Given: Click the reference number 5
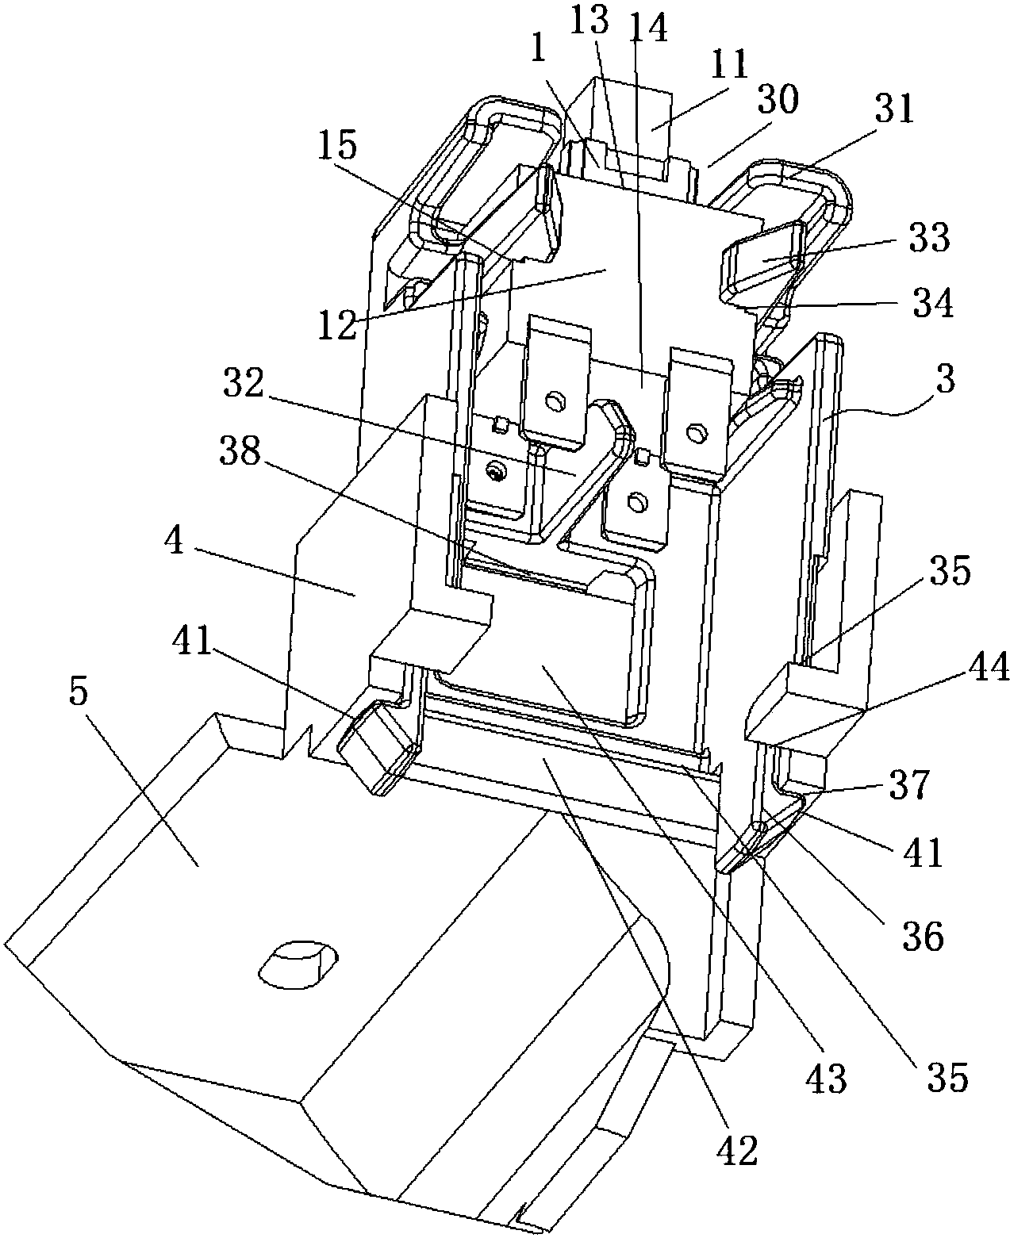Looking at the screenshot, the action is (x=78, y=694).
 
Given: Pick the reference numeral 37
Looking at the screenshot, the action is (x=909, y=784).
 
